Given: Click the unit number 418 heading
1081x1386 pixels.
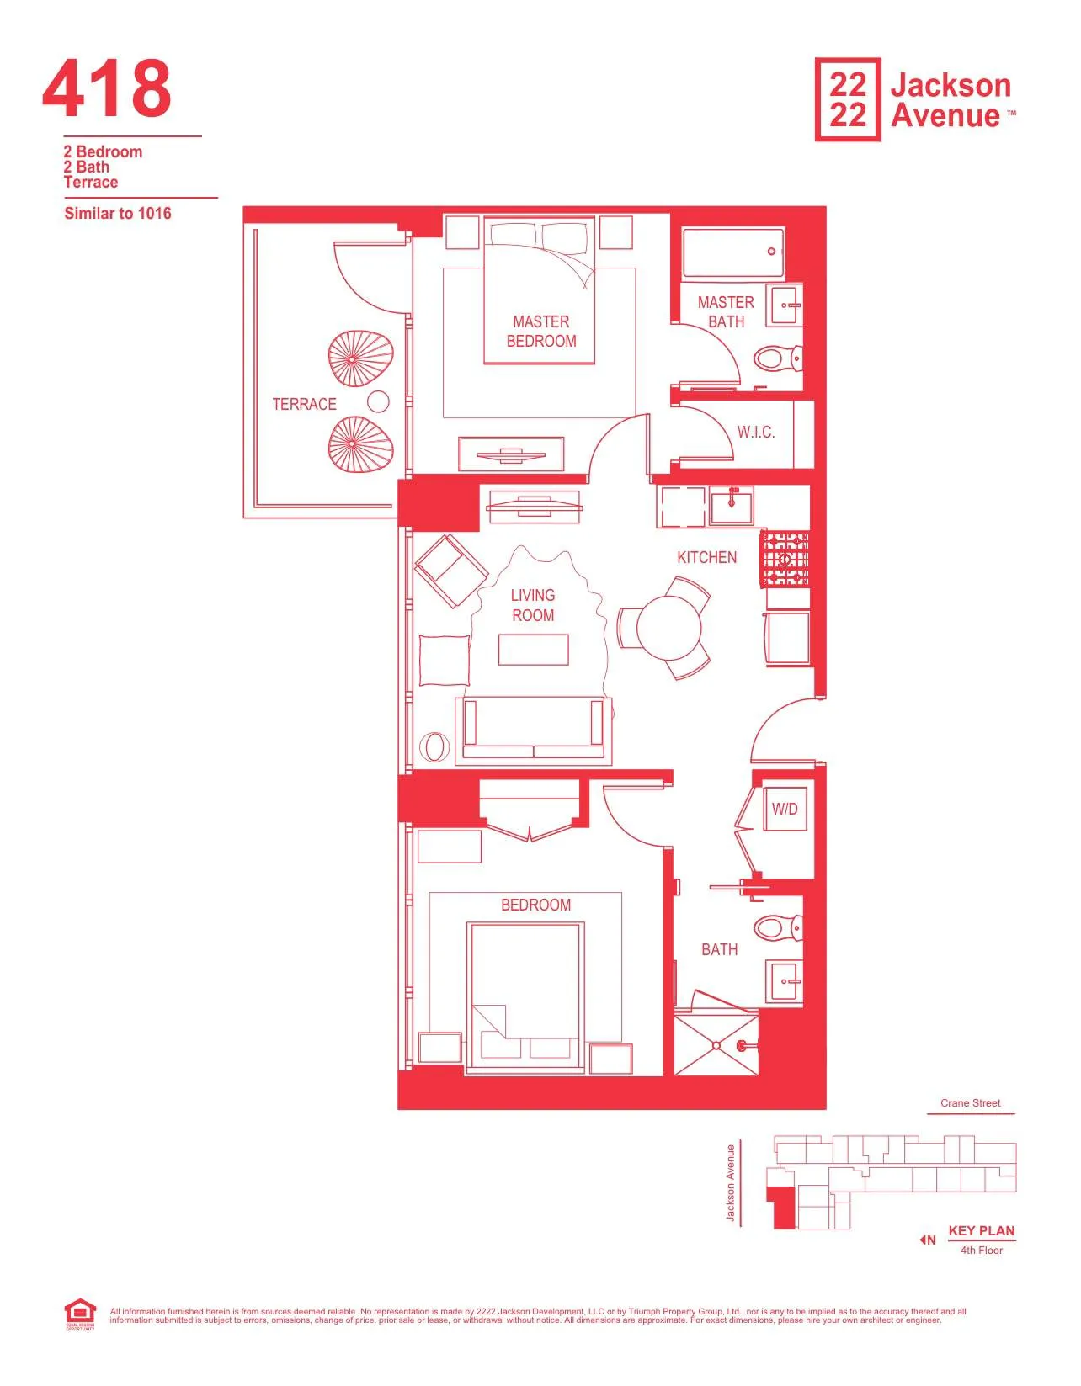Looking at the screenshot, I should pos(107,89).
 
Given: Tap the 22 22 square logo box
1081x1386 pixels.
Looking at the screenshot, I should pos(848,99).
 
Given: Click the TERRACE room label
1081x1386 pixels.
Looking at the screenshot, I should pos(304,404).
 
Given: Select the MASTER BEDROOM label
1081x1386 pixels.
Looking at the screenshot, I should pos(541,332).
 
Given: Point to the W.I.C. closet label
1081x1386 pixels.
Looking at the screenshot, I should pos(755,433).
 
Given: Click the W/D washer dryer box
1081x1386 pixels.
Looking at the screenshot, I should pos(785,809).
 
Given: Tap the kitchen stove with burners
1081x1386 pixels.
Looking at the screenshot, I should pos(785,559).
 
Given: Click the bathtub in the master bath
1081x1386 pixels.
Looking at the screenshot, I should pos(733,252).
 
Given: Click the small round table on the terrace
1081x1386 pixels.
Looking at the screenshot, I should pos(379,402).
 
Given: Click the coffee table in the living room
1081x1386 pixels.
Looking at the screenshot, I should pos(533,650).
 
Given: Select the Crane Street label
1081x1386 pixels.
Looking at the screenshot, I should pos(970,1103).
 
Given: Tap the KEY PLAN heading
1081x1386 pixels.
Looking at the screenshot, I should pos(981,1230).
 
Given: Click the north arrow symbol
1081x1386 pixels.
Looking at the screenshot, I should pos(927,1240).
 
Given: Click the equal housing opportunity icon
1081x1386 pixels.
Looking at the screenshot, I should pos(79,1314).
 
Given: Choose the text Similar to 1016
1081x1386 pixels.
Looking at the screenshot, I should pos(118,214).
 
